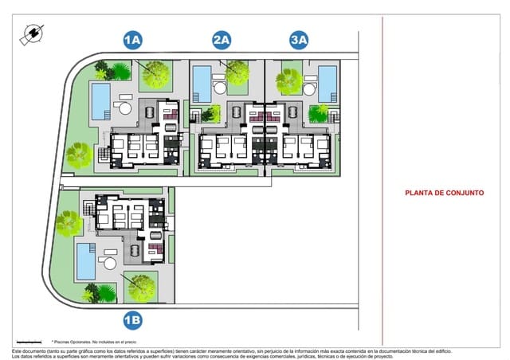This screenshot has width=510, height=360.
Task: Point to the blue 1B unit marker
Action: (x=132, y=320)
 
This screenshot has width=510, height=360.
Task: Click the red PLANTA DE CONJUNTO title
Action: (x=445, y=192)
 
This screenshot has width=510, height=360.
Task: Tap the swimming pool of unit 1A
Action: (x=100, y=100)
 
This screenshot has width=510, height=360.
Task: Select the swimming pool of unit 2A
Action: (x=202, y=83)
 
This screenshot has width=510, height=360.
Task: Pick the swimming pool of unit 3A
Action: (x=328, y=83)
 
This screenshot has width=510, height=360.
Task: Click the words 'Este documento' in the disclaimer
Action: (x=29, y=350)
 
